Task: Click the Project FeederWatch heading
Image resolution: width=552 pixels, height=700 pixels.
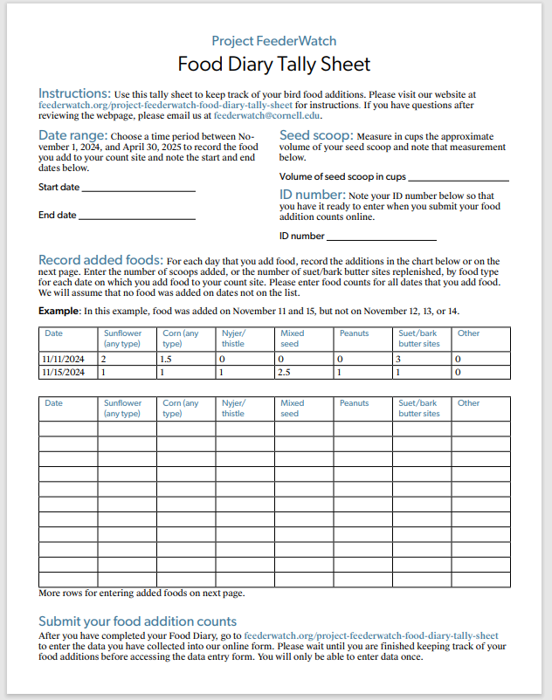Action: coord(273,41)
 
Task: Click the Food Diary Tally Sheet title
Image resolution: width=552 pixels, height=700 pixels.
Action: coord(273,65)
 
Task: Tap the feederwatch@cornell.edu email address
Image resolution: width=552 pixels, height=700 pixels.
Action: coord(267,115)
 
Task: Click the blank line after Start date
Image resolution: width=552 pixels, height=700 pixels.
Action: coord(138,189)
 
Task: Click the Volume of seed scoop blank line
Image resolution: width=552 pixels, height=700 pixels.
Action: coord(451,178)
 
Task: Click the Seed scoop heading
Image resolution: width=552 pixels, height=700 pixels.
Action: coord(316,136)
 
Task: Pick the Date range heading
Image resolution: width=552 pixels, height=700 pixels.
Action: coord(72,136)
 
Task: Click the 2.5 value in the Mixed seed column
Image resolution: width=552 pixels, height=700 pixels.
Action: coord(285,372)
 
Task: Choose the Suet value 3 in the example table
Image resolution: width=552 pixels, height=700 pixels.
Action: coord(398,359)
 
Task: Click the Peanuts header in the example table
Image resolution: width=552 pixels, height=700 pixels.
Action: coord(354,333)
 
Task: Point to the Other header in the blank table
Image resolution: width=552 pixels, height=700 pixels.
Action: coord(468,403)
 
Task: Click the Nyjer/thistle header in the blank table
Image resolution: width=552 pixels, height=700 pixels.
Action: coord(233,408)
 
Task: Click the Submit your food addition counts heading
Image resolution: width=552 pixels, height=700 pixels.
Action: coord(137,621)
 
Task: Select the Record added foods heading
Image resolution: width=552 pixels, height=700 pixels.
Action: coord(100,260)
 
